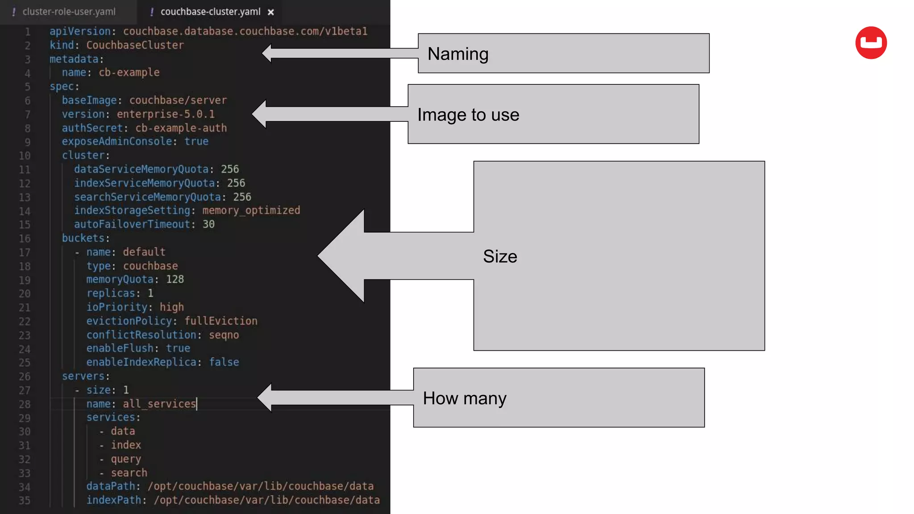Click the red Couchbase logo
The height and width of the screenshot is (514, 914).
coord(871,43)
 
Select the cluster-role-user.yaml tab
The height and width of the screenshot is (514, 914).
coord(69,12)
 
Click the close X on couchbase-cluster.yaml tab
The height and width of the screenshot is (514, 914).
coord(270,12)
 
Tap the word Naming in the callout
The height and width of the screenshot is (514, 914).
coord(458,54)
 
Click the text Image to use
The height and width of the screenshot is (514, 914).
coord(468,115)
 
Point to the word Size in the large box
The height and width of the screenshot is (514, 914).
coord(500,257)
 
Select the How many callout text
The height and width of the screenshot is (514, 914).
coord(464,398)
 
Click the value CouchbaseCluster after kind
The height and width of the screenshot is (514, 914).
coord(135,45)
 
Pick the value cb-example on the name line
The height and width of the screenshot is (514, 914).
coord(129,72)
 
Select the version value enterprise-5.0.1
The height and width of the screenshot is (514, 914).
coord(166,114)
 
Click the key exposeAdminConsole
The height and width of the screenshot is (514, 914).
coord(117,141)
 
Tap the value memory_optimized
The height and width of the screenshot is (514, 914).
coord(251,210)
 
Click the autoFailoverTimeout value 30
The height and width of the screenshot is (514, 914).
coord(208,224)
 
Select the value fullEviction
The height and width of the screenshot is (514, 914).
coord(221,321)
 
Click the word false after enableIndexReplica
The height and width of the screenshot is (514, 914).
coord(224,362)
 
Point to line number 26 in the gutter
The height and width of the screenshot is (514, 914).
coord(25,377)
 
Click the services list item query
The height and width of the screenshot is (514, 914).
coord(126,459)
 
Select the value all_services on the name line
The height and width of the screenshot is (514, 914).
coord(159,404)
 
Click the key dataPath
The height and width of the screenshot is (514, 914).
coord(111,486)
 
